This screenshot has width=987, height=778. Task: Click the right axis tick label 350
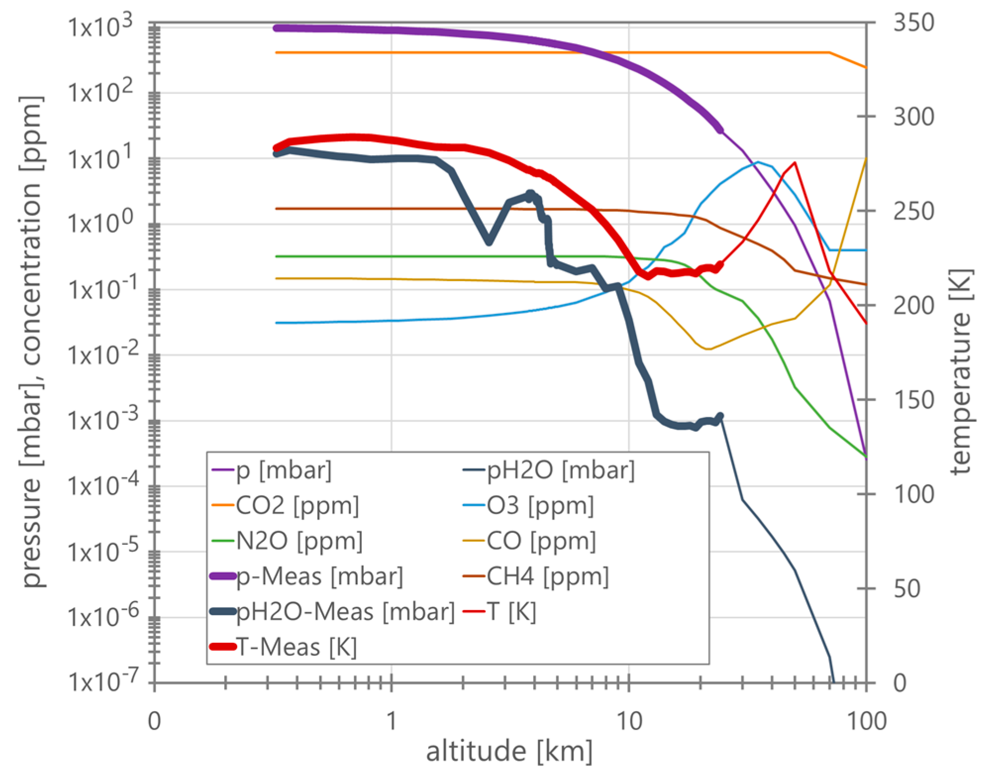click(x=913, y=23)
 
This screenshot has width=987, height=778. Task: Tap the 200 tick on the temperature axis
click(x=913, y=306)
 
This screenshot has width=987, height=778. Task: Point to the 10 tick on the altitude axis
click(x=629, y=721)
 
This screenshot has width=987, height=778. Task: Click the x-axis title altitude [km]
click(x=509, y=751)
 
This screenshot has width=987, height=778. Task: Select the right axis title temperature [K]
click(x=961, y=371)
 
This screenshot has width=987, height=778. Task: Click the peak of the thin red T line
click(x=794, y=162)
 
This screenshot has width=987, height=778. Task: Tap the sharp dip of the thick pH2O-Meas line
click(x=489, y=242)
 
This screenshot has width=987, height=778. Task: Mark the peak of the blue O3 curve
click(x=757, y=162)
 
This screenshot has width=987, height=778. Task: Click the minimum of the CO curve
click(x=708, y=349)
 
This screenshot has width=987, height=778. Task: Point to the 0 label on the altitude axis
click(x=154, y=721)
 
